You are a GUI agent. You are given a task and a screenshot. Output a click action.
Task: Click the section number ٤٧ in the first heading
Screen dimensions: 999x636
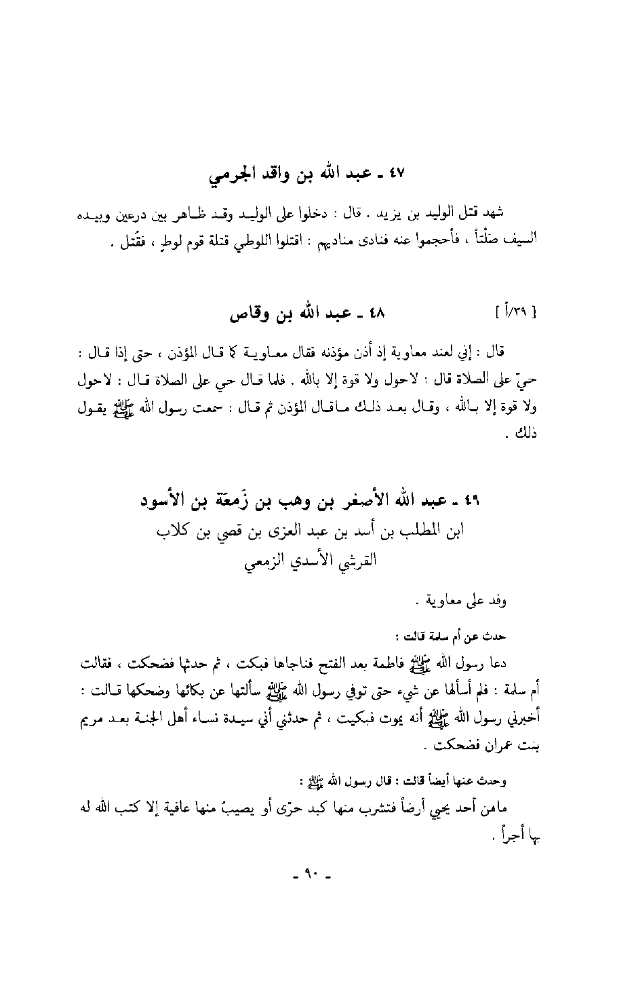396,174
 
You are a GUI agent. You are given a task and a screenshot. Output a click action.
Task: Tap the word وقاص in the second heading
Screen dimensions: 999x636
247,314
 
